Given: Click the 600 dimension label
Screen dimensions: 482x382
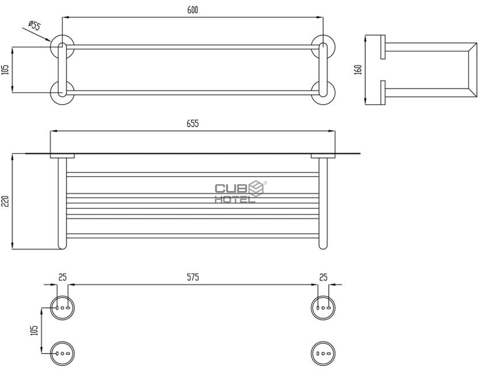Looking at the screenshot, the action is pos(192,10).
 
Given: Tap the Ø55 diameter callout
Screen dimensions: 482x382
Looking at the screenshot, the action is pos(35,25).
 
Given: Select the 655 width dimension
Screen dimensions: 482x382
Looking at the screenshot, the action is pos(192,123).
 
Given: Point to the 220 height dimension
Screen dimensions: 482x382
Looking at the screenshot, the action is pos(6,201).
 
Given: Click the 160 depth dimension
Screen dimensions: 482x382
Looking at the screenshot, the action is pos(358,69).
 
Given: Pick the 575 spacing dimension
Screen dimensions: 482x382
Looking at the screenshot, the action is pos(192,277).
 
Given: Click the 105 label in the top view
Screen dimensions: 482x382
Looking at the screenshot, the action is pos(6,69).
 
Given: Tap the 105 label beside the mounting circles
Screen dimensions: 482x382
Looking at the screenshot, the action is pos(35,330).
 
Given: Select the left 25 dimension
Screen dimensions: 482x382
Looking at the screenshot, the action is pos(62,277).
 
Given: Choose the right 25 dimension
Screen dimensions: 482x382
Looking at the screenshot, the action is pos(323,277).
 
